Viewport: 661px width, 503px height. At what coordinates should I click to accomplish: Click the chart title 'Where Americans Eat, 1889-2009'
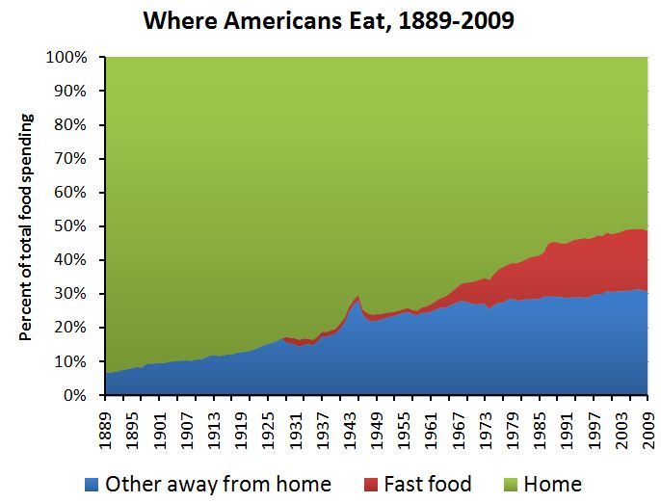click(329, 20)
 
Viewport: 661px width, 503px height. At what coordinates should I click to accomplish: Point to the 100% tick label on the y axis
click(68, 58)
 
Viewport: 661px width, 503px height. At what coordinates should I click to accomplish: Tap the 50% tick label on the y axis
click(72, 226)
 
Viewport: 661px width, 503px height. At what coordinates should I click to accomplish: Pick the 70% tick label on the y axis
click(72, 159)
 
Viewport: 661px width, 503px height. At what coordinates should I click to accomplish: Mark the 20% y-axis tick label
click(72, 328)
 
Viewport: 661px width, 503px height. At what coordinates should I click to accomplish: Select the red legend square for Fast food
click(372, 484)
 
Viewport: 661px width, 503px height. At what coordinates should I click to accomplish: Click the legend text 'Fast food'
click(428, 484)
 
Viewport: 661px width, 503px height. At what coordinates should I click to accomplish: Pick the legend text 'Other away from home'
click(217, 484)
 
